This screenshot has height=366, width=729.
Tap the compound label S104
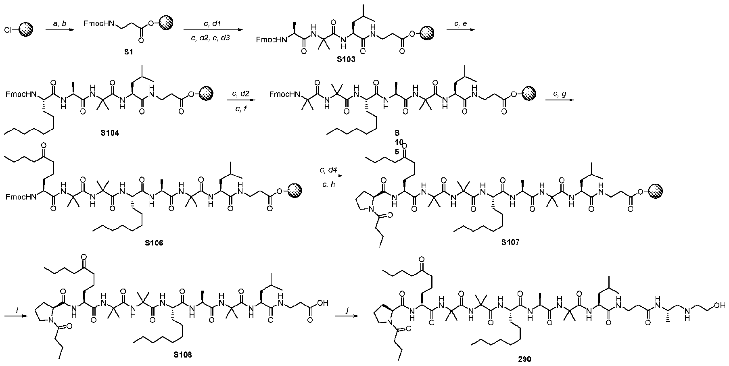click(x=110, y=133)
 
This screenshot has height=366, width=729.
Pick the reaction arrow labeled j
click(x=349, y=317)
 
